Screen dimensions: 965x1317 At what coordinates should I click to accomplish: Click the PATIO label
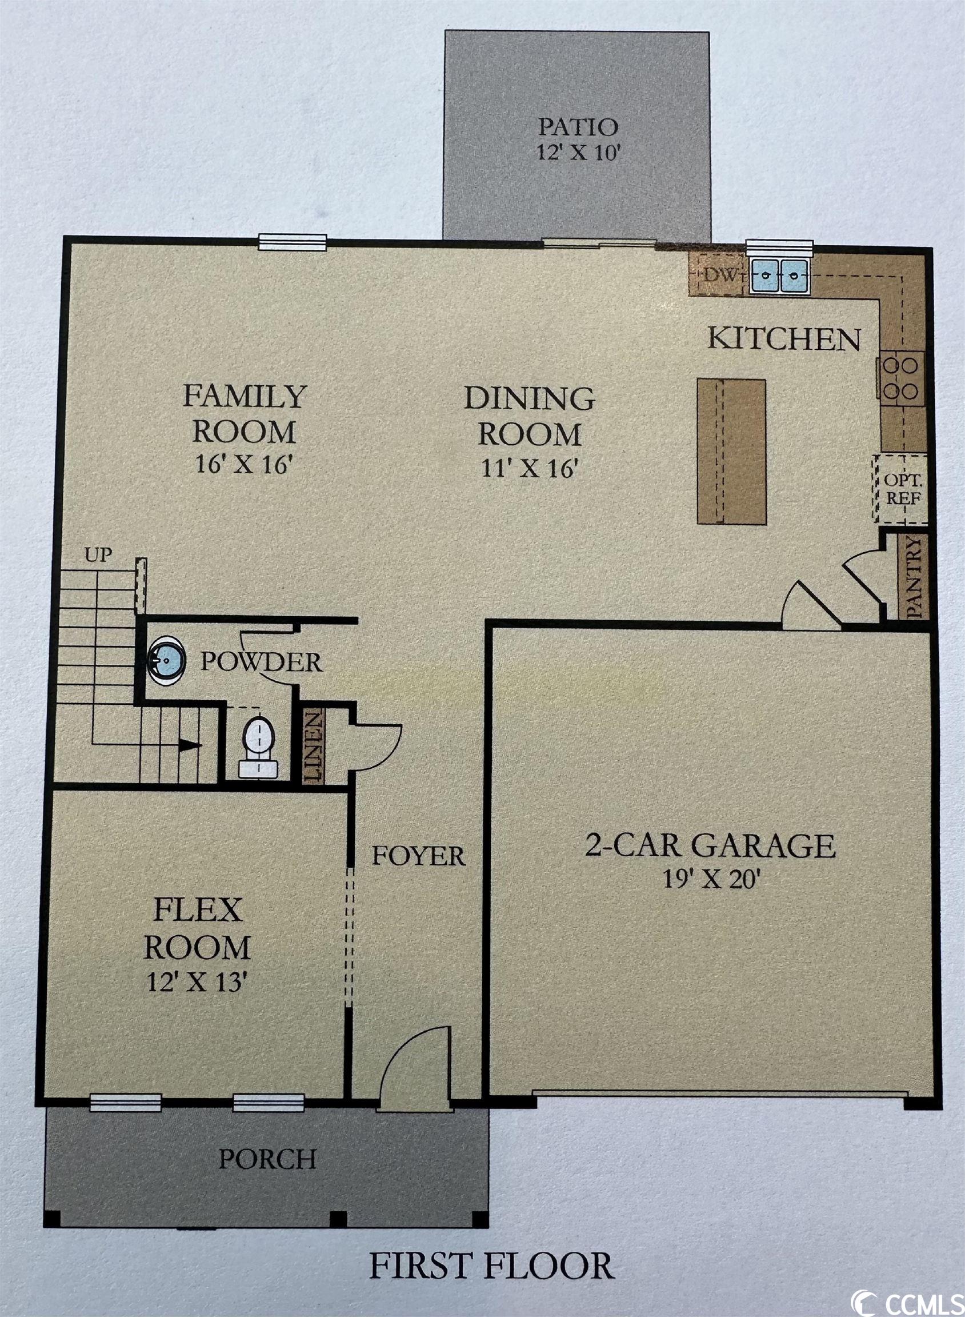tap(577, 126)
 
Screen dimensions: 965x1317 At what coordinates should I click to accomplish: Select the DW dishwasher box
tap(718, 274)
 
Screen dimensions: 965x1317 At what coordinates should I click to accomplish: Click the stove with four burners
tap(902, 378)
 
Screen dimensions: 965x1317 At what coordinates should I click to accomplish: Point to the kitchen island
tap(731, 451)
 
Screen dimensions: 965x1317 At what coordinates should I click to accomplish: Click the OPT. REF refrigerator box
tap(900, 489)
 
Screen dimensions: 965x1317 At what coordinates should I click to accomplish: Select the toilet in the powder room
tap(258, 747)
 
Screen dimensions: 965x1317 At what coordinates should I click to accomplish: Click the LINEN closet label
tap(313, 746)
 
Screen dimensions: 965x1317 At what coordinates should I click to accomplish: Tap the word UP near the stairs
tap(98, 554)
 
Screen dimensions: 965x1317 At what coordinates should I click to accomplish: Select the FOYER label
tap(419, 856)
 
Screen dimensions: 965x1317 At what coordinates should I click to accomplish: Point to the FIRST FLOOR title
tap(491, 1266)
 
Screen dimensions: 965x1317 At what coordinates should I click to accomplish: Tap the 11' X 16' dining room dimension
tap(530, 469)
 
